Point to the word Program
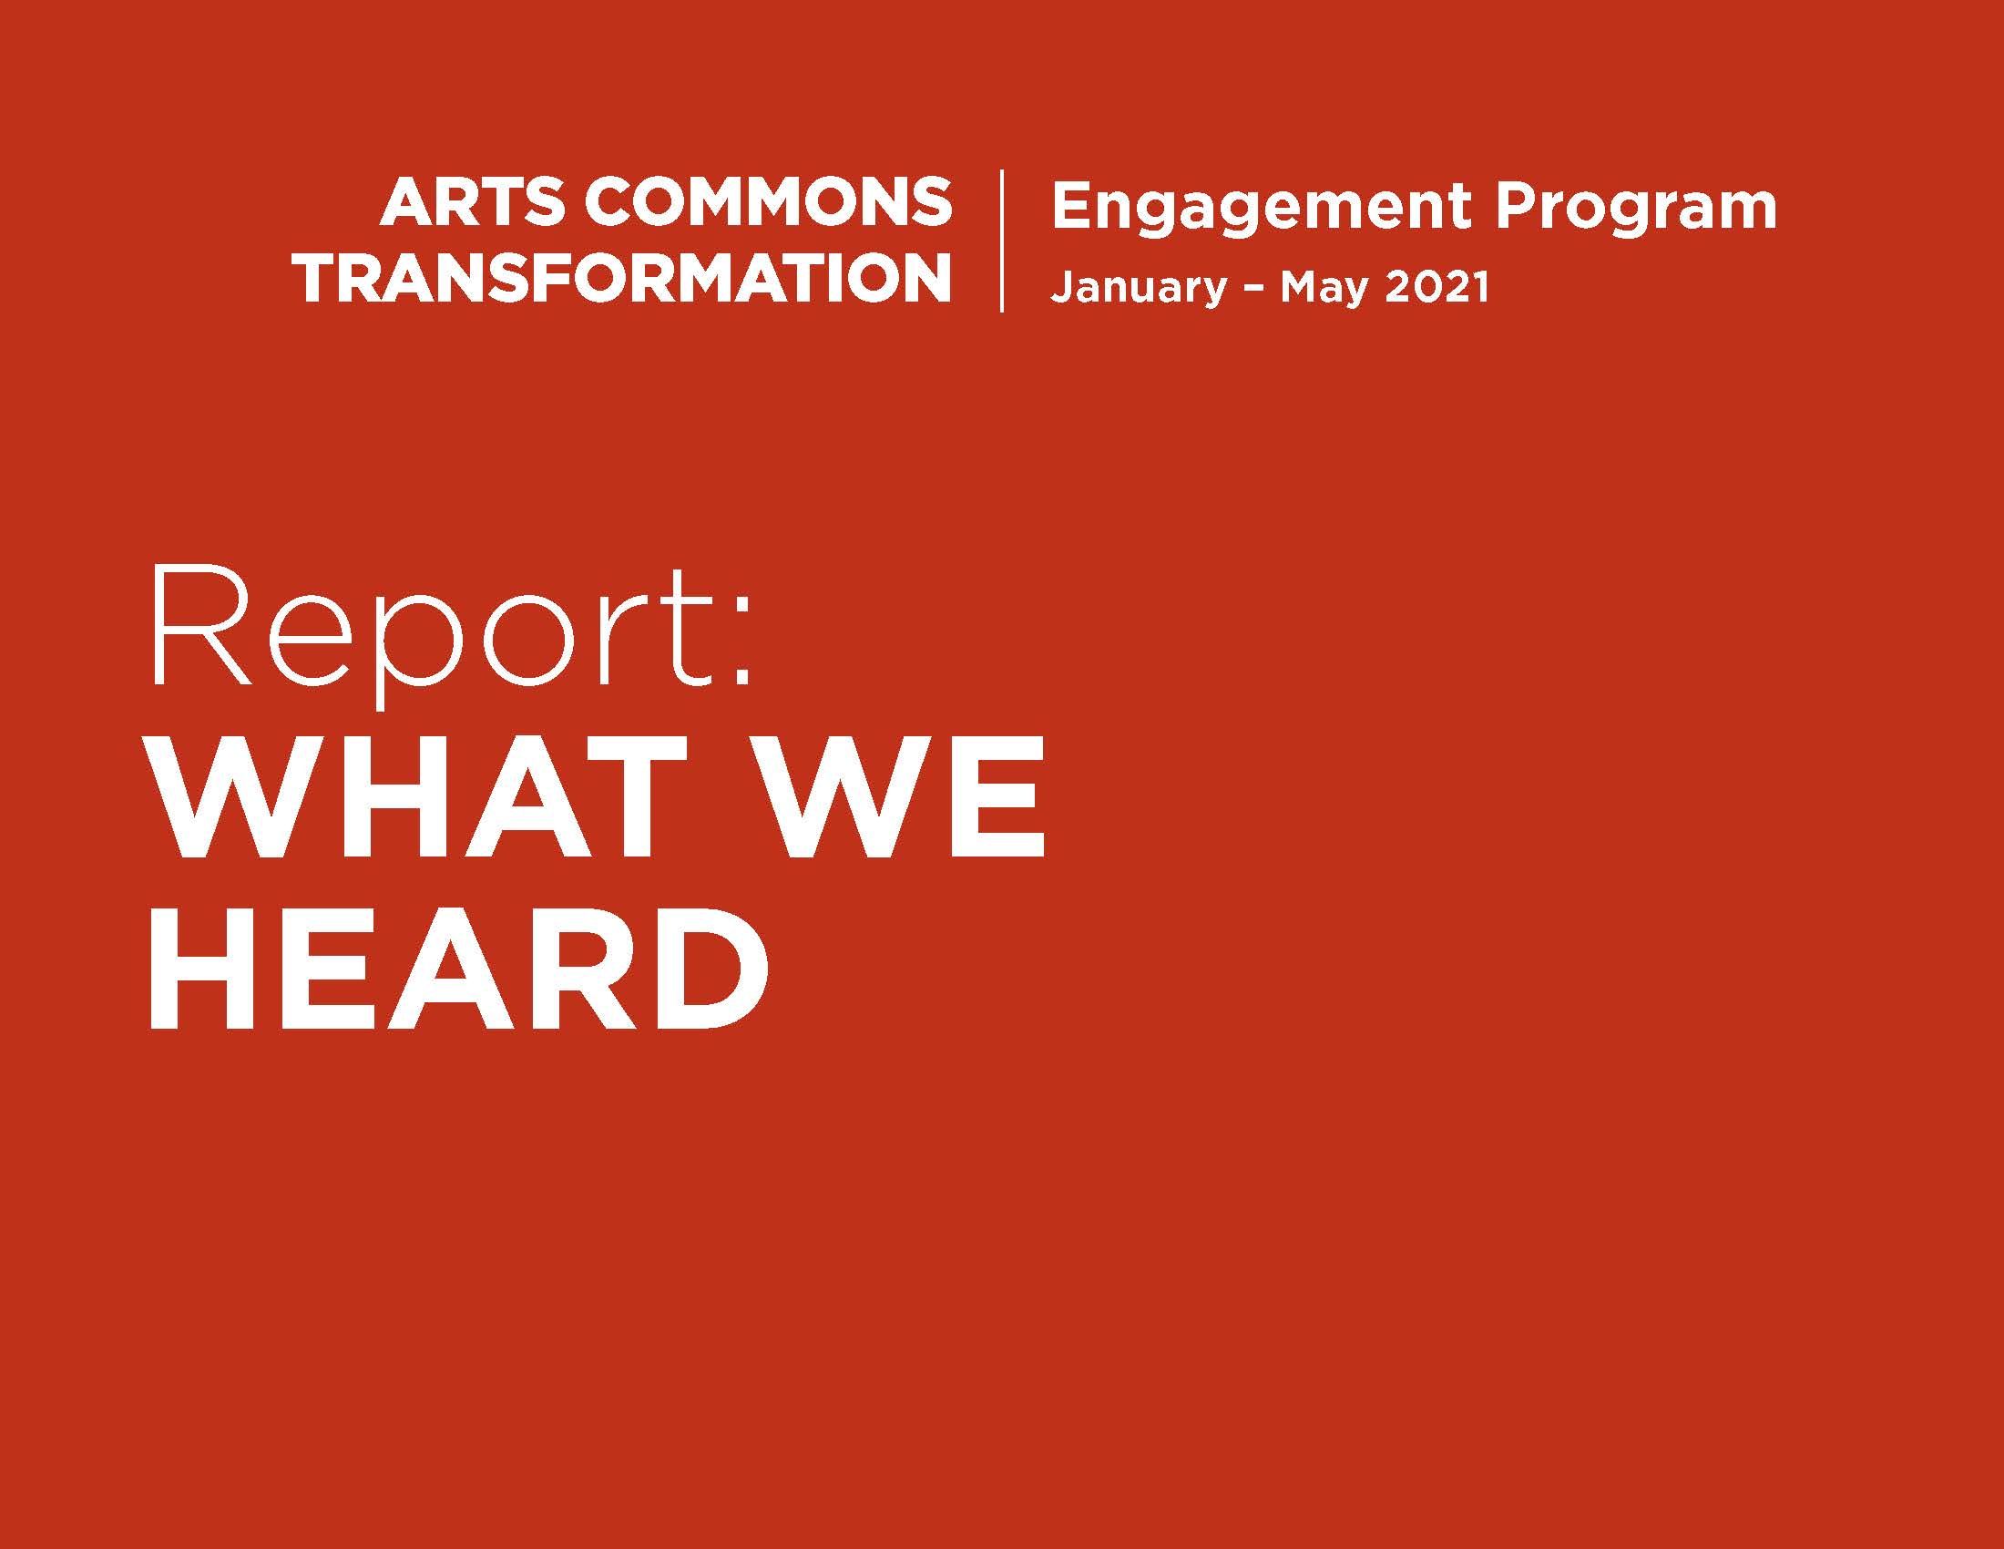[x=1635, y=209]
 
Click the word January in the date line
[x=1138, y=287]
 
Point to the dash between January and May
[x=1253, y=287]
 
